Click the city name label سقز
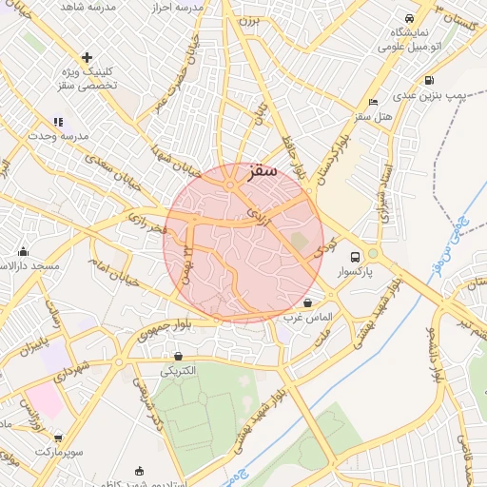260,171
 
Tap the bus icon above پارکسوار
355,257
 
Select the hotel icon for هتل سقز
373,102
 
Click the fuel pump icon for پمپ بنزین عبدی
429,81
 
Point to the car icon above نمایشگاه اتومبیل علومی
409,18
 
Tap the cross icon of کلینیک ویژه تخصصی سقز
88,57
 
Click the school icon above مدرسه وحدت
58,122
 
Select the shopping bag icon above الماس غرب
307,302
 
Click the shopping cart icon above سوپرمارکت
58,438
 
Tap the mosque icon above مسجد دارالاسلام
24,252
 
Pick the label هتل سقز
374,116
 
